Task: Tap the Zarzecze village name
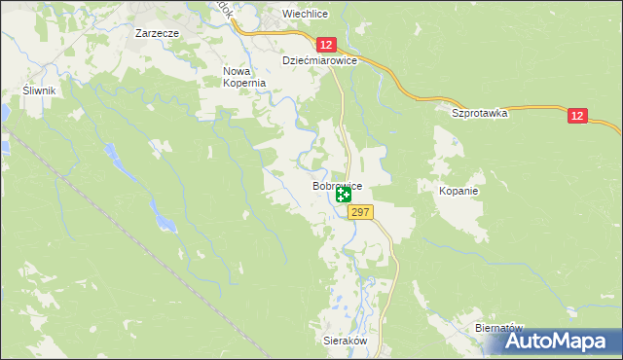[156, 32]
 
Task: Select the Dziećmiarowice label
[320, 60]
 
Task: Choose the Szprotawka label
[480, 113]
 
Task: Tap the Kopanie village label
[458, 191]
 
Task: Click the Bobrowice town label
[337, 185]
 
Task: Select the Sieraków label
[343, 342]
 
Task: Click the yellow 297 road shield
[358, 212]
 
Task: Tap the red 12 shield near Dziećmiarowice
[326, 45]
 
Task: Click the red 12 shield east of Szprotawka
[578, 116]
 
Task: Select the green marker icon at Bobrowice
[343, 196]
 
